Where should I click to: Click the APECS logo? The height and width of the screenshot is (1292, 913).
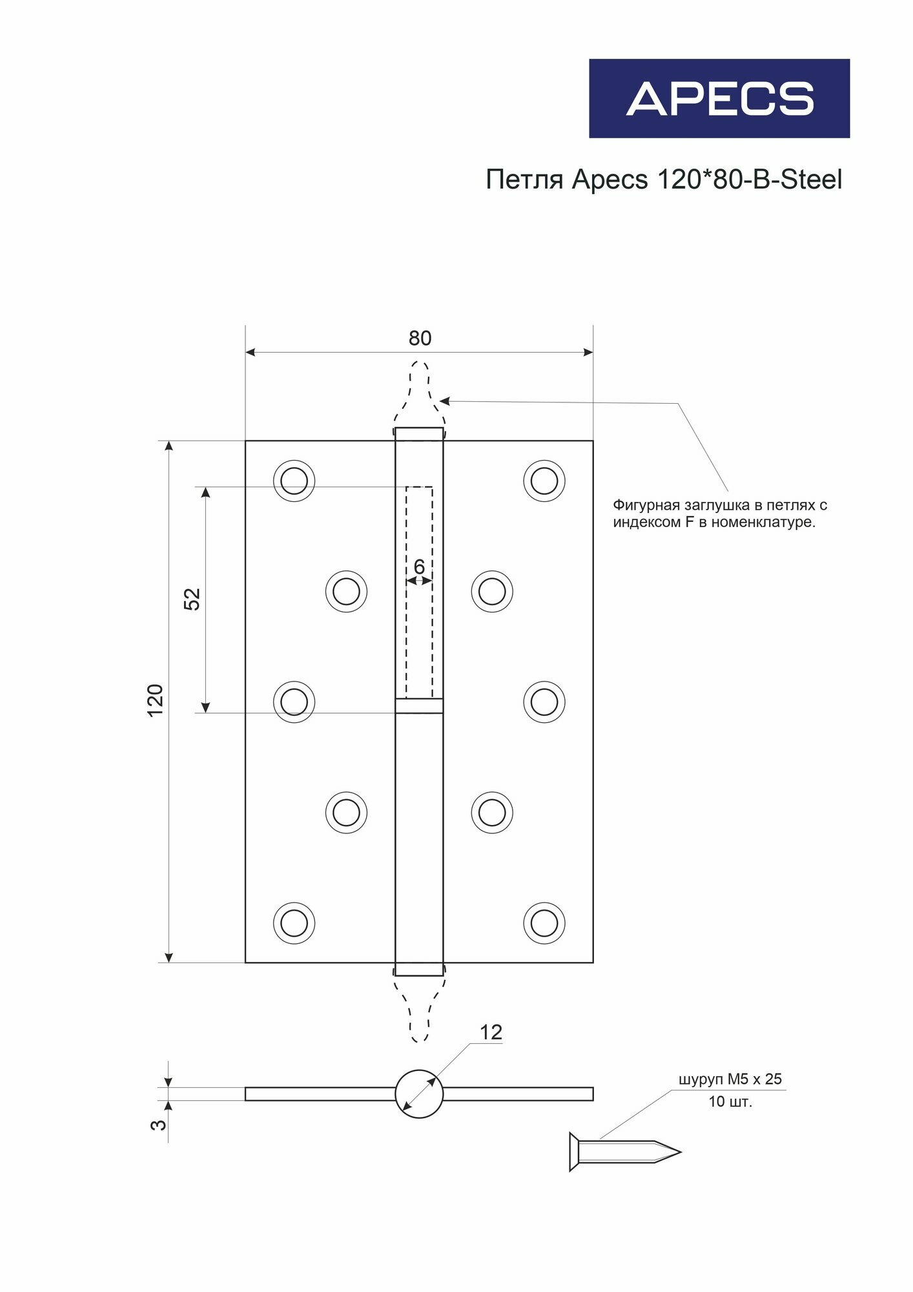click(x=719, y=98)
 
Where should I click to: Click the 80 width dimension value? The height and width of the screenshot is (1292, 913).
click(x=420, y=339)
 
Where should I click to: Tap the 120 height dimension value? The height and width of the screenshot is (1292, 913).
click(x=156, y=700)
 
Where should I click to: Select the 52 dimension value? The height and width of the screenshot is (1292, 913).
click(x=192, y=599)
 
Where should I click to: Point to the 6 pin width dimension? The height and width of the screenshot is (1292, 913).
click(x=419, y=567)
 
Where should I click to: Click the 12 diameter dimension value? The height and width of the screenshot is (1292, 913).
click(x=491, y=1032)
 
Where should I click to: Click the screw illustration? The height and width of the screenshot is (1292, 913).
click(x=623, y=1151)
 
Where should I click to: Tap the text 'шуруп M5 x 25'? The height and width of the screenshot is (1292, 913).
click(x=730, y=1079)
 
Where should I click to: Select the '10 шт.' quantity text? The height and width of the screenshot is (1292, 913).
click(x=730, y=1101)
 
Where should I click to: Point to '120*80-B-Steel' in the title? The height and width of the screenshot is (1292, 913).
click(x=749, y=180)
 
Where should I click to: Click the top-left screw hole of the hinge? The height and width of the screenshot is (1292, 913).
click(x=294, y=481)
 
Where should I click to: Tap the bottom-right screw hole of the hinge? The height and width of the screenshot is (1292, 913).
click(x=544, y=923)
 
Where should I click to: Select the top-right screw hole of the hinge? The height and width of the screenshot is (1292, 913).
click(x=544, y=481)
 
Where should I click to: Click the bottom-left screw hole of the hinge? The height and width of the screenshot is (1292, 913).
click(x=294, y=923)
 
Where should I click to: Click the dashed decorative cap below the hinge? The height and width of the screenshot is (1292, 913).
click(x=420, y=1008)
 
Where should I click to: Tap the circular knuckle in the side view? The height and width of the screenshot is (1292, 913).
click(x=419, y=1094)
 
